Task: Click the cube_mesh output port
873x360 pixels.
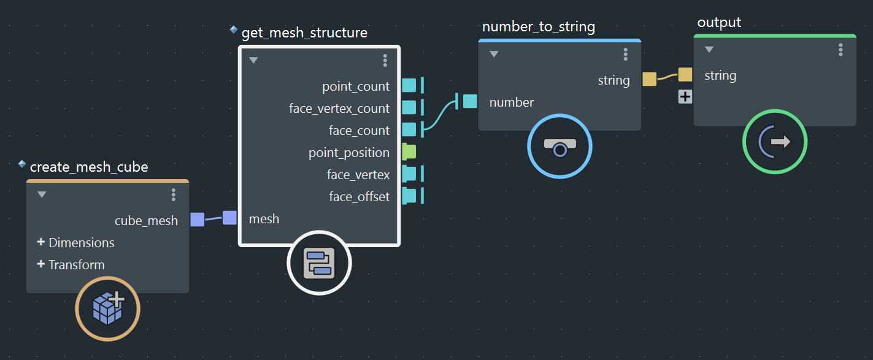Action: (x=197, y=220)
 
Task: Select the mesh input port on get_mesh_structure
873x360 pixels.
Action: (x=229, y=218)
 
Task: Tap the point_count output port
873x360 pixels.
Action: (x=409, y=86)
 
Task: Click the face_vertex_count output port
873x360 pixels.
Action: (x=409, y=108)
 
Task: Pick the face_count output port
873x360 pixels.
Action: (x=409, y=130)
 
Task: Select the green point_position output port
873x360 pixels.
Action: (x=409, y=152)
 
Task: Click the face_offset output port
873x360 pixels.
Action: (x=409, y=196)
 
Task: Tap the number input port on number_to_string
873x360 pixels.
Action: (x=470, y=102)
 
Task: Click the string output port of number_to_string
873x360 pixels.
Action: (x=649, y=79)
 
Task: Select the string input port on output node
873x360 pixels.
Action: (x=685, y=75)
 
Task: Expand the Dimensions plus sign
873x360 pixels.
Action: (x=41, y=242)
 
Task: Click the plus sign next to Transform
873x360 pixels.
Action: (x=41, y=264)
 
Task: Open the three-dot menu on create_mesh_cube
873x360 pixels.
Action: (x=174, y=194)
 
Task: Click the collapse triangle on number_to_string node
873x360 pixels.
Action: (x=494, y=55)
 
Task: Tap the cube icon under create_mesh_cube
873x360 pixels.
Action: (x=108, y=308)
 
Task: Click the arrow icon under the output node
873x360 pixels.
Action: (x=775, y=142)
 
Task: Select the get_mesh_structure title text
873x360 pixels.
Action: (x=304, y=33)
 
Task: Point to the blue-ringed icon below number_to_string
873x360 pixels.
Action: (x=560, y=147)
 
